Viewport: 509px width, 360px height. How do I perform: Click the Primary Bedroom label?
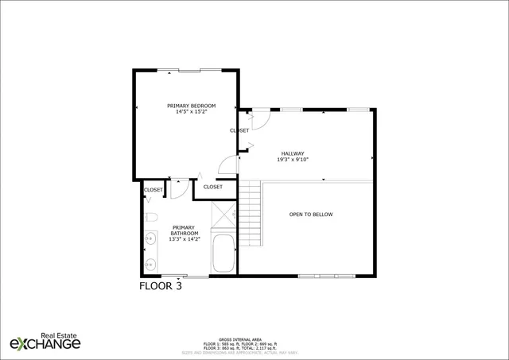tap(186, 106)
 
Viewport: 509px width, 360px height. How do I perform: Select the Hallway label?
tap(293, 153)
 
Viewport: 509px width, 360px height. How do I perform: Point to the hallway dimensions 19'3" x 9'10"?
tap(293, 160)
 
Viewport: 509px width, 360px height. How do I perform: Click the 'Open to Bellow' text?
tap(311, 215)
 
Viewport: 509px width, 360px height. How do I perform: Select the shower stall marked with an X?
tap(223, 214)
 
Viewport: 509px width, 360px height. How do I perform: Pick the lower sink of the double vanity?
tap(150, 264)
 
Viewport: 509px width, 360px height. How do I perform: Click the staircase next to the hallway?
tap(251, 214)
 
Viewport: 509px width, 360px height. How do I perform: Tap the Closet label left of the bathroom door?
tap(153, 190)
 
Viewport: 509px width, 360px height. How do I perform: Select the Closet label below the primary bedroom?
tap(212, 187)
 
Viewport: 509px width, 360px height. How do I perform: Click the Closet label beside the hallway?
tap(239, 130)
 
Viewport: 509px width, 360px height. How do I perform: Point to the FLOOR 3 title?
tap(161, 286)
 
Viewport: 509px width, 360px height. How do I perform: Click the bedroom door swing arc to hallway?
tap(227, 164)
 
